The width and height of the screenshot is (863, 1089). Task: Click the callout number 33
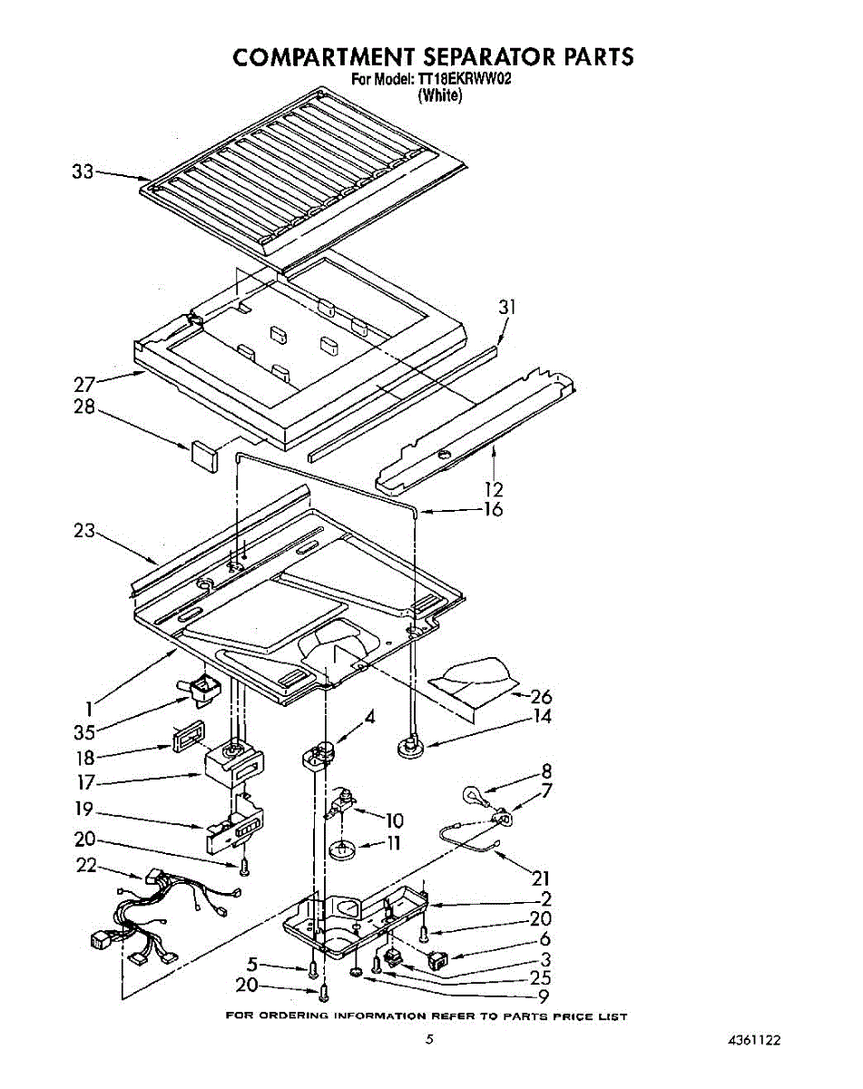click(83, 171)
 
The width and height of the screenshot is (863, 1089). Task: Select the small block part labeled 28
click(204, 453)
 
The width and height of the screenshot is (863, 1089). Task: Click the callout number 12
click(494, 489)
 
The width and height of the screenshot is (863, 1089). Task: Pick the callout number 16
click(493, 509)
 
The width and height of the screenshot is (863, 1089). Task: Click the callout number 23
click(84, 531)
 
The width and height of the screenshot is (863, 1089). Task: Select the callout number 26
click(542, 697)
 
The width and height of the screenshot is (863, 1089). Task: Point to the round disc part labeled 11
click(343, 850)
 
